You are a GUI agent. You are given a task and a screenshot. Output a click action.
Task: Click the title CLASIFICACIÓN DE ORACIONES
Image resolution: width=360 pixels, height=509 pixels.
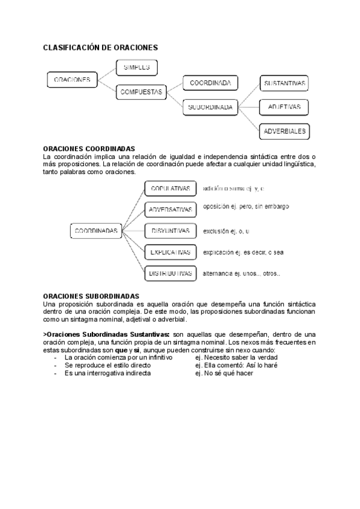click(x=100, y=47)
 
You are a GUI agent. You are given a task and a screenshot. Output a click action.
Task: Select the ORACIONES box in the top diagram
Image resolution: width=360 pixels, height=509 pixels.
click(x=72, y=79)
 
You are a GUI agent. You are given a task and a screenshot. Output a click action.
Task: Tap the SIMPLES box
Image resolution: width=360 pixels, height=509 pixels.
click(x=137, y=67)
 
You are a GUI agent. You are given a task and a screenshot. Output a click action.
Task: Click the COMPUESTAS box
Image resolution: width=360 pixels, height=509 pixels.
click(x=142, y=92)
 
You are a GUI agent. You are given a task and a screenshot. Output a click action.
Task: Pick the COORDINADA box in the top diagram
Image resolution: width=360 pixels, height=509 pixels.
click(x=210, y=83)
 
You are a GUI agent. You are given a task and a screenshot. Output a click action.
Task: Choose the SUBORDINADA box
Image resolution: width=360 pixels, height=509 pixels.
click(x=210, y=107)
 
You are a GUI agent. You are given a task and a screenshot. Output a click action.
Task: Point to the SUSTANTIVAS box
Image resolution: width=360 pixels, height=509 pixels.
click(x=285, y=83)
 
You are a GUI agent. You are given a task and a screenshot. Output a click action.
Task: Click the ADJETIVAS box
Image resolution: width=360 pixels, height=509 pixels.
click(x=284, y=107)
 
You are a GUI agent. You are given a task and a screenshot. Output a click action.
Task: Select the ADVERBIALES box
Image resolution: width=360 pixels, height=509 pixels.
click(x=285, y=131)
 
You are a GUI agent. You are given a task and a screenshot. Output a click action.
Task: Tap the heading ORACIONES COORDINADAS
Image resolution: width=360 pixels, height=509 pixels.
click(x=89, y=148)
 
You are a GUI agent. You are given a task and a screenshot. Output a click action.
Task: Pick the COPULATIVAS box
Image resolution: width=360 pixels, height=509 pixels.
click(x=170, y=188)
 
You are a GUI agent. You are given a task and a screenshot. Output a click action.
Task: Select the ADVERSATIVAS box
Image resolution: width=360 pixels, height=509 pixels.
click(x=170, y=209)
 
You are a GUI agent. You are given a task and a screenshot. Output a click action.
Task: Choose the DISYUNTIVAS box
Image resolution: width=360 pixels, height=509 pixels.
click(x=170, y=230)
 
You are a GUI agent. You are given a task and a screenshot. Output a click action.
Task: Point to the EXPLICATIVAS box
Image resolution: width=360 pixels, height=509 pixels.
click(x=170, y=252)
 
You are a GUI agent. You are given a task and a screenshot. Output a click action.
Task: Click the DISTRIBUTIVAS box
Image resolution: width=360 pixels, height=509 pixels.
click(x=170, y=273)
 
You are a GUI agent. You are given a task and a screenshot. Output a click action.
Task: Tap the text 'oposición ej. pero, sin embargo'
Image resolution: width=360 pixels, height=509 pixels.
click(x=246, y=206)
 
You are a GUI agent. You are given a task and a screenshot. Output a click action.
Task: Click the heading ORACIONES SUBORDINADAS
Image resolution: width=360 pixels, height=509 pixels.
click(x=91, y=296)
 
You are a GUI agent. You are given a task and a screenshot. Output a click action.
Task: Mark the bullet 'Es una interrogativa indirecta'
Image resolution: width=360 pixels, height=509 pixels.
click(x=107, y=373)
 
